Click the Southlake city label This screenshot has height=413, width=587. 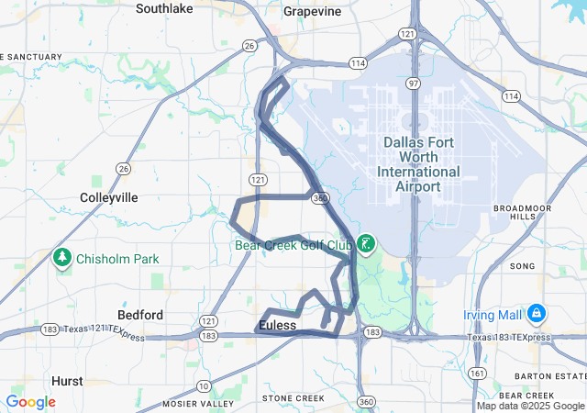tap(164, 9)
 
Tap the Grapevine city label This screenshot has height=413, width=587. tap(312, 11)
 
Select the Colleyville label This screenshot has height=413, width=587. tap(109, 197)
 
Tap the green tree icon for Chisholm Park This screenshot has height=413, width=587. tap(63, 258)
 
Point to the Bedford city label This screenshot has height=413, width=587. tap(139, 315)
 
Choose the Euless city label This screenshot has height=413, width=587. tap(277, 326)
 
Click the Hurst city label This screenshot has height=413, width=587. tap(67, 380)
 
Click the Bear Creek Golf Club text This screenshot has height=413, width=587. tap(294, 245)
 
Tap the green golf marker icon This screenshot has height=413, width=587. tap(366, 244)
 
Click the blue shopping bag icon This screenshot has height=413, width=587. tap(536, 315)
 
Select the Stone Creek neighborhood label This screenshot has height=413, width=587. tap(293, 398)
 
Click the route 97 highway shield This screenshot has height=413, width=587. tap(415, 84)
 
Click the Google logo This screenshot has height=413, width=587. tap(30, 402)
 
